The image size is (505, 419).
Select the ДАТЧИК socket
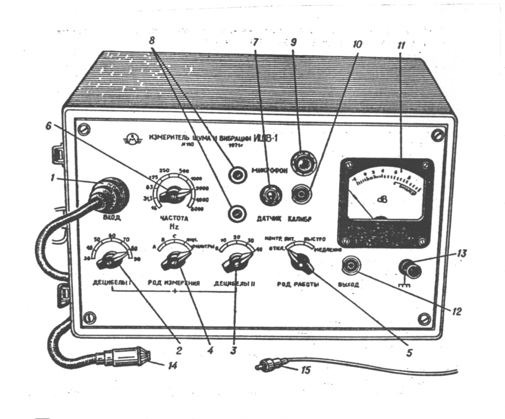[269, 194]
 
